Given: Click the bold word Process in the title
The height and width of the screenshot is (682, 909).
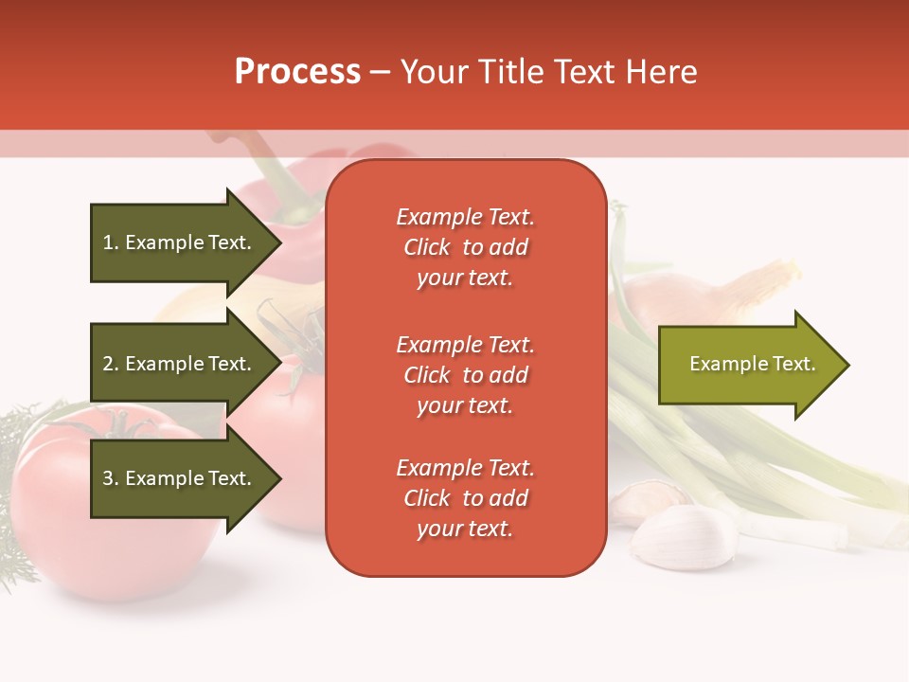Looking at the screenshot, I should [x=297, y=72].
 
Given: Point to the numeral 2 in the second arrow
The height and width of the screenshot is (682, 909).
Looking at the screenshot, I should [x=108, y=365].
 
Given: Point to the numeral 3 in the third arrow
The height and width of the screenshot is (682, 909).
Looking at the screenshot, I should [x=108, y=479].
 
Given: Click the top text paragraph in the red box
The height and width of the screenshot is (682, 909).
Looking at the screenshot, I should [x=465, y=247].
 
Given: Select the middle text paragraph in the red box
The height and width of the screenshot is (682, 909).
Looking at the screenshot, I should [x=465, y=375].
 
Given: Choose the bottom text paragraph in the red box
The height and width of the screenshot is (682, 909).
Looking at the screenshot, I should [x=465, y=498].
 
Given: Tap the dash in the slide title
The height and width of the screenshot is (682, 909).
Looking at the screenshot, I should [x=380, y=73].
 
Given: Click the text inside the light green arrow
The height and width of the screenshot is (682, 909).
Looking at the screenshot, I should [x=752, y=365].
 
